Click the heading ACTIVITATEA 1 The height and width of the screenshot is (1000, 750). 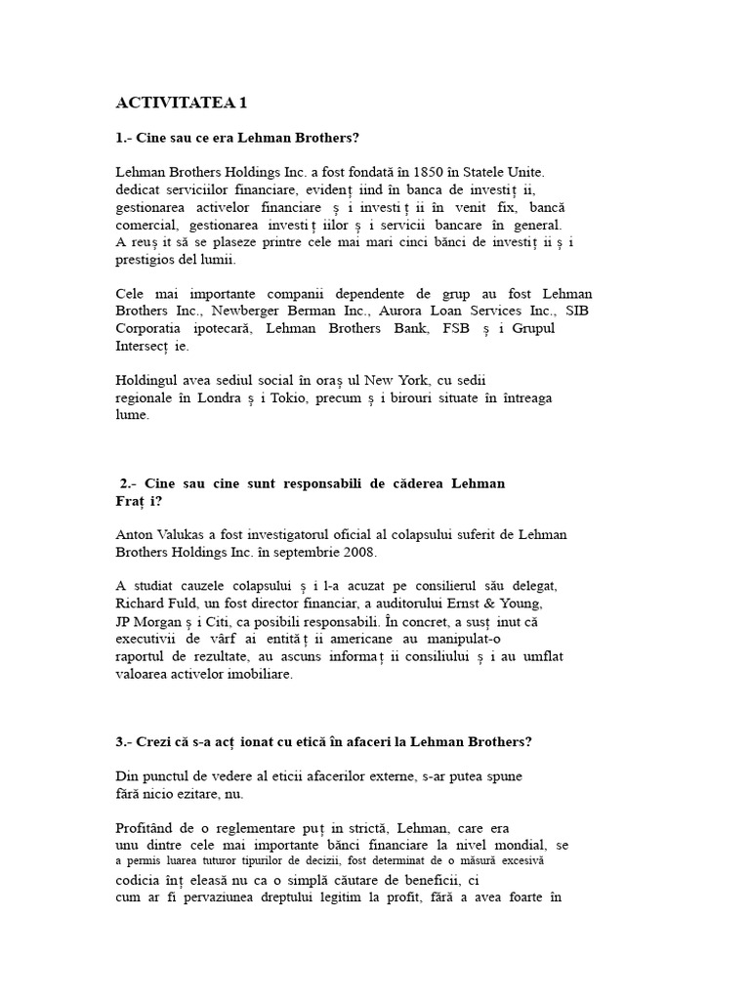(181, 103)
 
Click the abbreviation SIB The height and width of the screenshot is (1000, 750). (579, 311)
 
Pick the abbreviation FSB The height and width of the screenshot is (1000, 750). (452, 328)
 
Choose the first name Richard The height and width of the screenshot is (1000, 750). (141, 604)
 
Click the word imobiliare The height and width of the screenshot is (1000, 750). (259, 674)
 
